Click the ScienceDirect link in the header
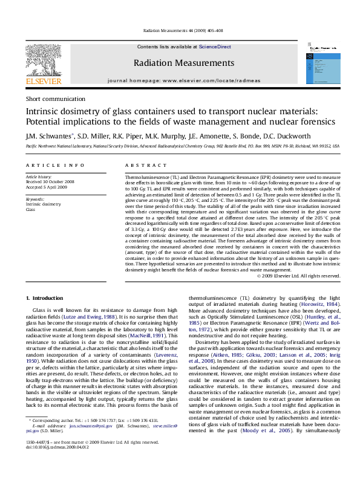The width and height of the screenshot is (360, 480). [x=215, y=47]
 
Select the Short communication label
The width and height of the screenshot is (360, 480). [x=55, y=99]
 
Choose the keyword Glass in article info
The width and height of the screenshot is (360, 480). [x=31, y=209]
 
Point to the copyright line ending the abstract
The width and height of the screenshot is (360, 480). [x=298, y=276]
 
